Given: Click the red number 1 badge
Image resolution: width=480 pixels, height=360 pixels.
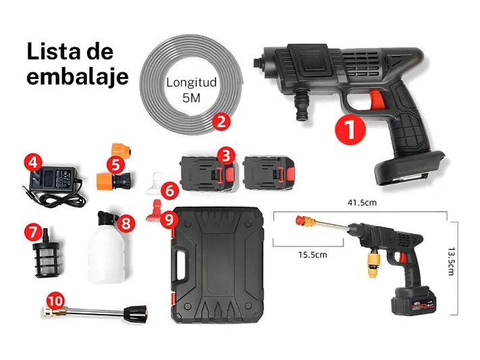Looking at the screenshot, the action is click(x=351, y=129).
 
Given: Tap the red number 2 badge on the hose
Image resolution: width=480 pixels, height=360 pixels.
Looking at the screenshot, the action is click(x=221, y=122).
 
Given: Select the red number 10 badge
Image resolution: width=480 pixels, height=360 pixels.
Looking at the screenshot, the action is click(x=56, y=301).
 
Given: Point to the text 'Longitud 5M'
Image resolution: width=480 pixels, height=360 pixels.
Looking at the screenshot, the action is click(x=191, y=90).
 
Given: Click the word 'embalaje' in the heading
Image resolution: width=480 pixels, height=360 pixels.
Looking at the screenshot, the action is click(x=78, y=76).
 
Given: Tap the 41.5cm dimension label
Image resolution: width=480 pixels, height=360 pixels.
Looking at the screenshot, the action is click(x=362, y=203).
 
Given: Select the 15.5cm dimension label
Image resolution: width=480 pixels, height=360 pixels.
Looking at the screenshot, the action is click(x=313, y=255).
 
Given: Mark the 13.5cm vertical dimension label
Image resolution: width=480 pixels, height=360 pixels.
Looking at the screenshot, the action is click(x=450, y=261).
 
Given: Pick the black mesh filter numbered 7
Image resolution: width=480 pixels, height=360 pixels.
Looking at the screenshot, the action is click(x=47, y=253).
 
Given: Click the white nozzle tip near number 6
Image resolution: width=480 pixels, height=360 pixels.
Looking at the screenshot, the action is click(x=155, y=182).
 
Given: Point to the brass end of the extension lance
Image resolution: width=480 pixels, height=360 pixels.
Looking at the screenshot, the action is click(x=55, y=311).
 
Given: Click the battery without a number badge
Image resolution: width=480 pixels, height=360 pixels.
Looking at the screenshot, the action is click(x=270, y=174).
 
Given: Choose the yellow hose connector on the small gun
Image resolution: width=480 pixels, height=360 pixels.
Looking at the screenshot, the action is click(x=373, y=263).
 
